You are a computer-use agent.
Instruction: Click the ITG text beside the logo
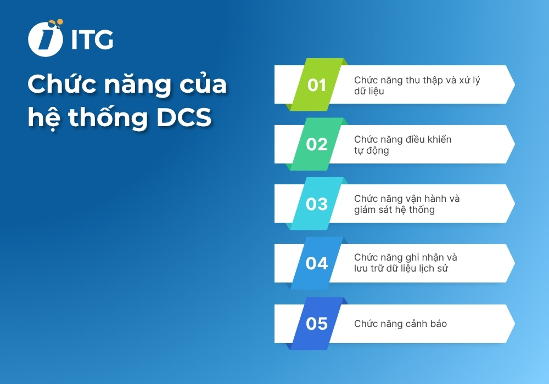[x=92, y=39]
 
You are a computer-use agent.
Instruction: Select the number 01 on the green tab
[x=317, y=85]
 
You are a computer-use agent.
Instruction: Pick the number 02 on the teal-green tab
[x=317, y=144]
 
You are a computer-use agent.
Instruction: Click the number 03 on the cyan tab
[x=317, y=204]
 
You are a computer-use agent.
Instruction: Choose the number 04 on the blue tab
[x=317, y=263]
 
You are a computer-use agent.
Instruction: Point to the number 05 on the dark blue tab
[x=317, y=324]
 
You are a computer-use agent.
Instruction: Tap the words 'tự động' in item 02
[x=371, y=150]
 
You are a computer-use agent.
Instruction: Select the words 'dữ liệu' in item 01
[x=369, y=91]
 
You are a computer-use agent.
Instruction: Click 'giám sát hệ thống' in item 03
[x=394, y=210]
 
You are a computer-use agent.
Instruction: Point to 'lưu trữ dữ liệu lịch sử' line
[x=402, y=269]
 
